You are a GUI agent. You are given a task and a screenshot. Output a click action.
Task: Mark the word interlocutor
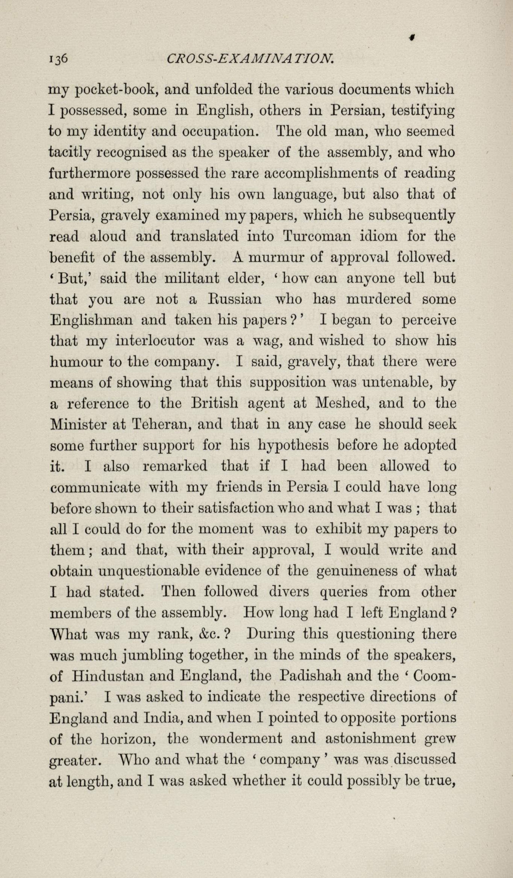pyautogui.click(x=155, y=341)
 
